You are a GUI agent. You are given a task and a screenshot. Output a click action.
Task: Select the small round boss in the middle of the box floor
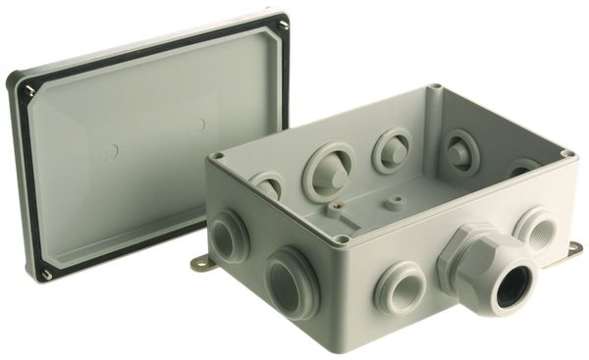pyautogui.click(x=395, y=203)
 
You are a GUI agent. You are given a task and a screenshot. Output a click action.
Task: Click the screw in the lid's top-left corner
pyautogui.click(x=28, y=90)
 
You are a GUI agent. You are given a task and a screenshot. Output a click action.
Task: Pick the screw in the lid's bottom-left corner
pyautogui.click(x=45, y=274)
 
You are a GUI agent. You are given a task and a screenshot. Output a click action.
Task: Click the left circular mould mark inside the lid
pyautogui.click(x=112, y=152)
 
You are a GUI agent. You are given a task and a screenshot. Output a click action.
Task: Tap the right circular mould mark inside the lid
pyautogui.click(x=199, y=125)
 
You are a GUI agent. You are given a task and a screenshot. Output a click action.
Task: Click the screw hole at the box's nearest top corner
pyautogui.click(x=342, y=237)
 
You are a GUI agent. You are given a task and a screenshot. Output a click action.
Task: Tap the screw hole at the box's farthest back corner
pyautogui.click(x=436, y=89)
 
